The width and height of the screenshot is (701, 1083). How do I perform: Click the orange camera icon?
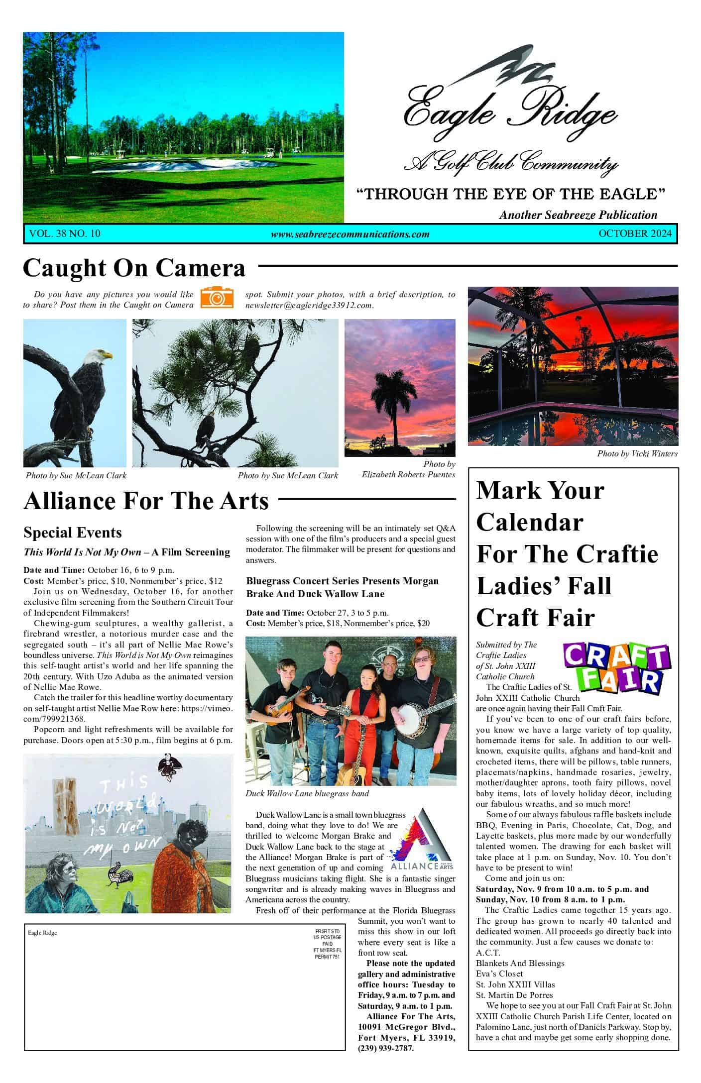217,297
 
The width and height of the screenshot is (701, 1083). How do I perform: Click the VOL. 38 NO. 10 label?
65,233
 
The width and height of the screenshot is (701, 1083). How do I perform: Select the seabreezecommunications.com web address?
350,234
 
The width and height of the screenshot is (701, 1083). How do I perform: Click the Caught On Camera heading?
134,268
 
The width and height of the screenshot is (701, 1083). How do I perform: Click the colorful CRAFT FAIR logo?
616,667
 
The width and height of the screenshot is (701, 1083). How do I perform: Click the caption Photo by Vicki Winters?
637,453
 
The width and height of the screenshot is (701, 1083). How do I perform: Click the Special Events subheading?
73,533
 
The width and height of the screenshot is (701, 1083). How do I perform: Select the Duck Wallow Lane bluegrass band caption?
307,793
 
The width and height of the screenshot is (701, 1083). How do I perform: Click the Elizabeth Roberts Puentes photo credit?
408,474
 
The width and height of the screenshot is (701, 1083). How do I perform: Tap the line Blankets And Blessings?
520,963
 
